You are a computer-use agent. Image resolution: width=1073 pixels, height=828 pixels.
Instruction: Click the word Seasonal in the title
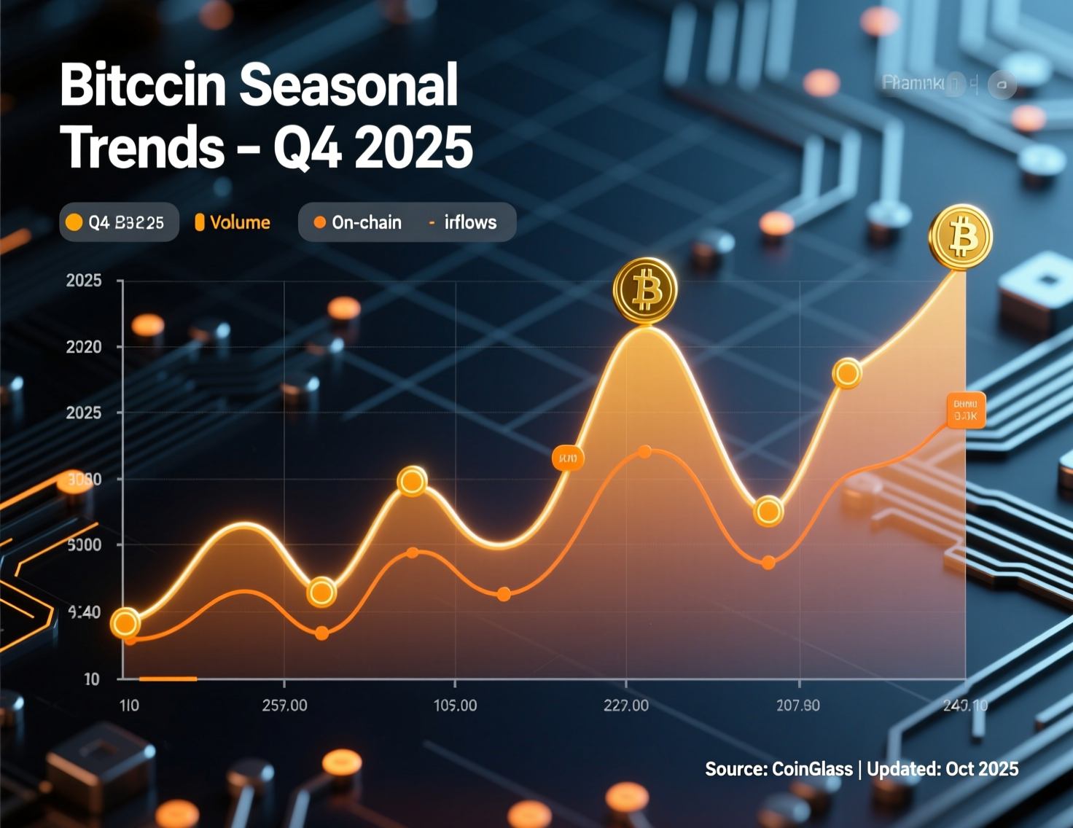click(x=348, y=85)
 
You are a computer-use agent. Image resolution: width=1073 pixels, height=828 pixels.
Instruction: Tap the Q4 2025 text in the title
click(x=372, y=147)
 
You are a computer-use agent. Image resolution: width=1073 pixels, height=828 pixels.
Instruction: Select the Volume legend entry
click(x=233, y=222)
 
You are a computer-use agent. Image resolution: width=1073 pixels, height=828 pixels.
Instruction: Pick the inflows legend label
click(x=469, y=222)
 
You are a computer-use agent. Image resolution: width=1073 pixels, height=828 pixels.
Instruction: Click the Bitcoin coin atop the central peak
click(x=645, y=290)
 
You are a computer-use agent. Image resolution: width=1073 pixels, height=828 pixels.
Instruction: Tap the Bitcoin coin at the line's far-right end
click(x=960, y=237)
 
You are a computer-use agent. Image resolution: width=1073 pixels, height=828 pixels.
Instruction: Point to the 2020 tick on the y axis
click(x=84, y=347)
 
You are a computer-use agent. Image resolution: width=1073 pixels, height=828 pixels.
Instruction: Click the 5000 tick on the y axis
click(x=84, y=545)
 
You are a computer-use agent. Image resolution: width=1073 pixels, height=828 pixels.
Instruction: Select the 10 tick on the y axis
click(x=92, y=679)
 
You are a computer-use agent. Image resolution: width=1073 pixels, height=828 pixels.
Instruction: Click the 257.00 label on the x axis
click(x=284, y=706)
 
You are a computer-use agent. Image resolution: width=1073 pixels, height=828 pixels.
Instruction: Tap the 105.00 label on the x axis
click(x=455, y=706)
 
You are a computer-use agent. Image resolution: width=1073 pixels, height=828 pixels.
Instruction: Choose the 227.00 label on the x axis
click(x=625, y=706)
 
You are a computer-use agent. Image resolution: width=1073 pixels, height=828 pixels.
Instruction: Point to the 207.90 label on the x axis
click(x=797, y=706)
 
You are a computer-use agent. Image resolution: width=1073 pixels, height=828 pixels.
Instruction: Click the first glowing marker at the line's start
click(x=125, y=623)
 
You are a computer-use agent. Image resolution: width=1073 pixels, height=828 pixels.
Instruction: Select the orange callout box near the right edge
click(x=965, y=410)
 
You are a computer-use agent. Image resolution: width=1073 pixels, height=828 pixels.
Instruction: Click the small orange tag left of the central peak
click(x=568, y=458)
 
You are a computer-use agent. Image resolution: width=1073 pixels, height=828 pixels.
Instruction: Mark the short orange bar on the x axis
click(x=168, y=679)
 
